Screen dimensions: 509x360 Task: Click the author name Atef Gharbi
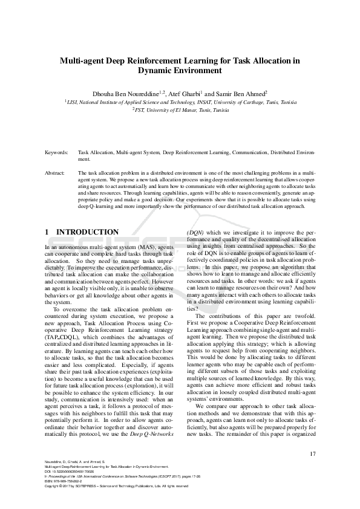185,94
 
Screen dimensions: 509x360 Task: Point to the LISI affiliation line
180,103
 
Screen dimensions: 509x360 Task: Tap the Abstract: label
55,173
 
